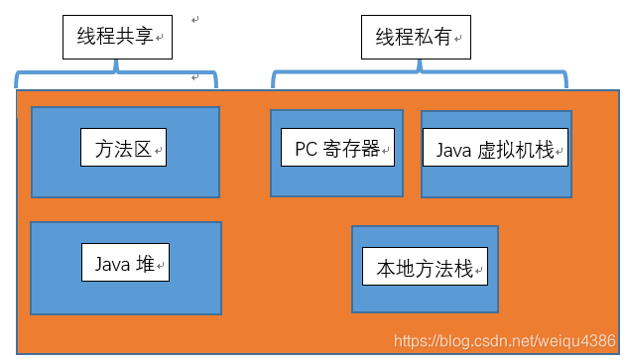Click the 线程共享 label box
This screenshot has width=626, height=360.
[116, 39]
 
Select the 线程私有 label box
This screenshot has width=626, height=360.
[415, 39]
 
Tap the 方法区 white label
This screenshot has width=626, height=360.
[123, 150]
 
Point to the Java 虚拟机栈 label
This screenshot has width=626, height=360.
[496, 150]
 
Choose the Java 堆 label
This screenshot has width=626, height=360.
[124, 264]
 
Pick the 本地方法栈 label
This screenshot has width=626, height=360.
[426, 268]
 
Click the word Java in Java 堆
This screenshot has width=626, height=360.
[112, 264]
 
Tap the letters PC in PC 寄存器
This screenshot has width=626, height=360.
[305, 149]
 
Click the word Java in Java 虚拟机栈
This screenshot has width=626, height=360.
[452, 150]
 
